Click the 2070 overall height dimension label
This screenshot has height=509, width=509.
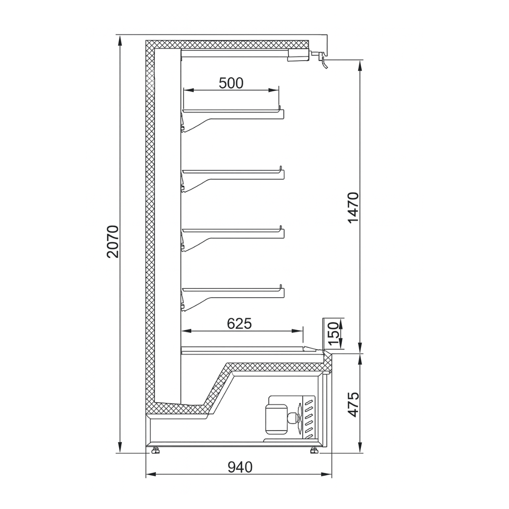113,242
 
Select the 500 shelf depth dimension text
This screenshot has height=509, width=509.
231,83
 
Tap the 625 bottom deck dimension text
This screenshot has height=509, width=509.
239,324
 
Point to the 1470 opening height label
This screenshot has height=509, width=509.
353,208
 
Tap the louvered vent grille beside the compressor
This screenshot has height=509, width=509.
308,418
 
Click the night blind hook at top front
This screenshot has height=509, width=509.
324,62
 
